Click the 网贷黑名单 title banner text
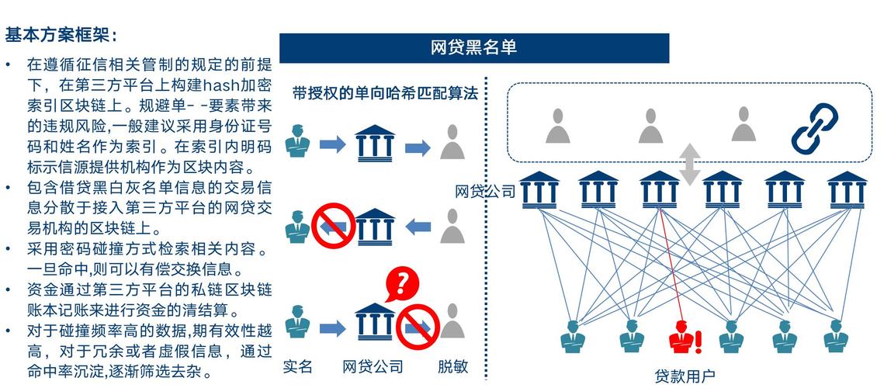click(473, 47)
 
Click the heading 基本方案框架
click(61, 36)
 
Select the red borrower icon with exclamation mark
click(683, 338)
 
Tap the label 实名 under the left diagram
click(297, 366)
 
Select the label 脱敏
click(452, 366)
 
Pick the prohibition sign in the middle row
click(332, 225)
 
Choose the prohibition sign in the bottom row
click(418, 327)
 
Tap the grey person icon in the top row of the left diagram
click(452, 142)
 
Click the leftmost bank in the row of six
click(539, 189)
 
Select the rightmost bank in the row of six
click(847, 189)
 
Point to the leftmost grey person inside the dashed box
click(557, 126)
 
